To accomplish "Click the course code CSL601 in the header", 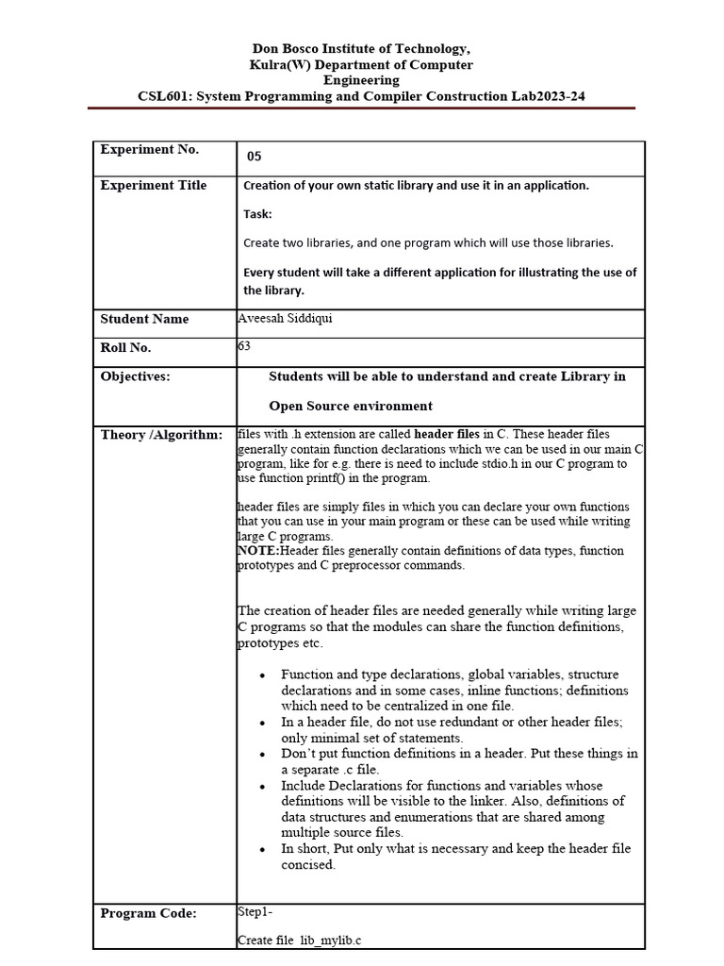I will [x=163, y=96].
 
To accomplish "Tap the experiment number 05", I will [x=255, y=157].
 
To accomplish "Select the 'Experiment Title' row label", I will [x=153, y=185].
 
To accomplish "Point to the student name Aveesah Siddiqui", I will [x=285, y=318].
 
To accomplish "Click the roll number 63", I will [x=244, y=346].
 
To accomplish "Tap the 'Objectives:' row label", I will [x=136, y=376].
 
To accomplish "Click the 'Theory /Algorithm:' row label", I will [x=161, y=434].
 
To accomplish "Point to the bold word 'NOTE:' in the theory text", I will [x=258, y=551].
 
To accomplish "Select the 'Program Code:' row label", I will [x=148, y=913].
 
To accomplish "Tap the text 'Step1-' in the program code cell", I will [x=255, y=911].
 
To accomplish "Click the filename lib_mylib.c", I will [x=331, y=941].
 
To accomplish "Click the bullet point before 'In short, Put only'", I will [x=260, y=849].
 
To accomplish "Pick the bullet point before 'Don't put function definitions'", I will [x=260, y=754].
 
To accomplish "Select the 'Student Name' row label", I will [x=144, y=319].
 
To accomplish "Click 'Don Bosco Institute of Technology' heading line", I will [x=361, y=48].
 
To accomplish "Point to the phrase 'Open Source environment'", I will [x=351, y=407].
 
